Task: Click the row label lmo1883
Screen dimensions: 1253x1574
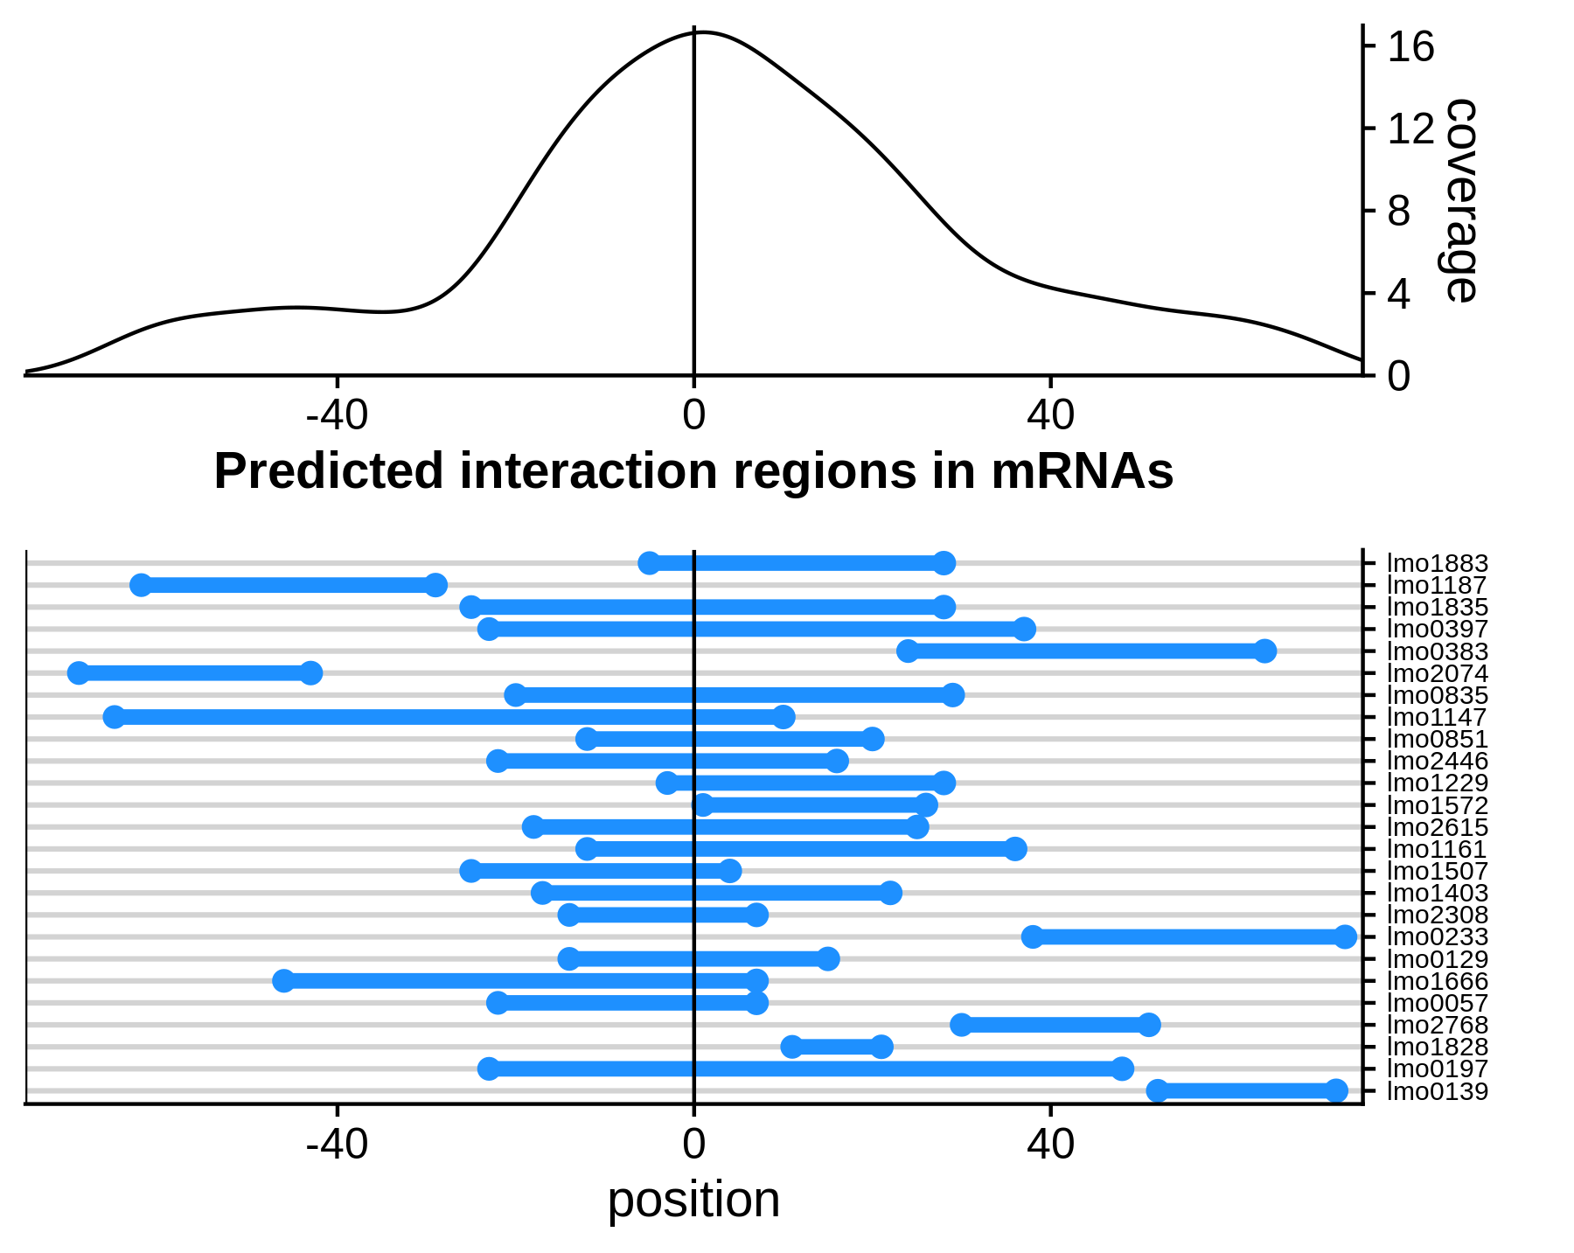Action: click(x=1438, y=564)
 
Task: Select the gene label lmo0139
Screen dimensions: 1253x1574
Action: click(x=1438, y=1091)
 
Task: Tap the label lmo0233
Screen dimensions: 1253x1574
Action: click(x=1438, y=937)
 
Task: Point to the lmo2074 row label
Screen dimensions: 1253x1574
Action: click(x=1438, y=674)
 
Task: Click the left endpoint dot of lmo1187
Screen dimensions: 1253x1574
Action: click(x=141, y=586)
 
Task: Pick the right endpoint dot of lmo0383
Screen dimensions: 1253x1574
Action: click(x=1264, y=651)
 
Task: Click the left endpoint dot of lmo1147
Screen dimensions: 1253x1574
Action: click(x=115, y=718)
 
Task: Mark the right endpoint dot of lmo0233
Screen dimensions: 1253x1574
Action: click(x=1345, y=937)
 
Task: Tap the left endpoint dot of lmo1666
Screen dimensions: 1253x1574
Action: click(x=283, y=981)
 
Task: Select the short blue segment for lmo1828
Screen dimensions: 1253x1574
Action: click(x=837, y=1048)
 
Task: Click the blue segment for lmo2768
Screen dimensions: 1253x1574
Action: click(x=1055, y=1026)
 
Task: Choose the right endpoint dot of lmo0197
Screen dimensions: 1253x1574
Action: click(x=1123, y=1069)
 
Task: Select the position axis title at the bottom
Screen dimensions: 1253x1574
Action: click(x=693, y=1200)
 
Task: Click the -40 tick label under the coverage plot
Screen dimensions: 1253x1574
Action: click(x=337, y=416)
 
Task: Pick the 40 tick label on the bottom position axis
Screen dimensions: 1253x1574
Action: click(x=1050, y=1145)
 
